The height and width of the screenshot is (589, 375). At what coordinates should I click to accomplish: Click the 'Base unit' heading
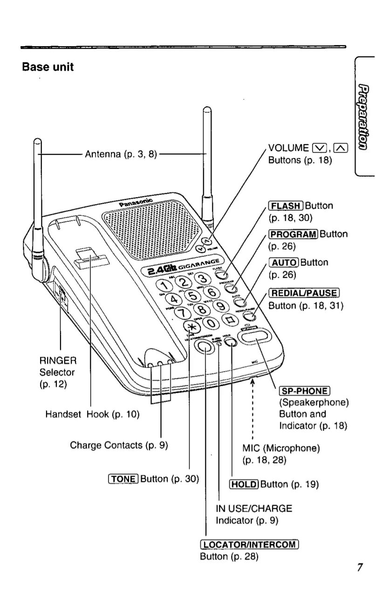pos(48,67)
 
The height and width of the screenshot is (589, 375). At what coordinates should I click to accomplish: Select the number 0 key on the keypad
pos(211,323)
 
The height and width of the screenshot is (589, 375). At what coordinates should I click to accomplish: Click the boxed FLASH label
pos(286,206)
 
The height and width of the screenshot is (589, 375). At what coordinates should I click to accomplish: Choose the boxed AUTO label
pos(284,263)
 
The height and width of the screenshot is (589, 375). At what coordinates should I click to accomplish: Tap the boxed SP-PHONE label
pos(304,391)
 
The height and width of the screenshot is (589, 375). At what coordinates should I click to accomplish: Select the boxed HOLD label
pos(245,484)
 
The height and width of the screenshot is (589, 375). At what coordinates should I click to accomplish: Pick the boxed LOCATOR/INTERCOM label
pos(249,544)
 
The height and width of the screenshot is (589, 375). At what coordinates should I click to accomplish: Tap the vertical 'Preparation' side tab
pos(365,117)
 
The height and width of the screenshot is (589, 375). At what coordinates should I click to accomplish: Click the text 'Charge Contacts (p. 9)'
pos(119,445)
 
